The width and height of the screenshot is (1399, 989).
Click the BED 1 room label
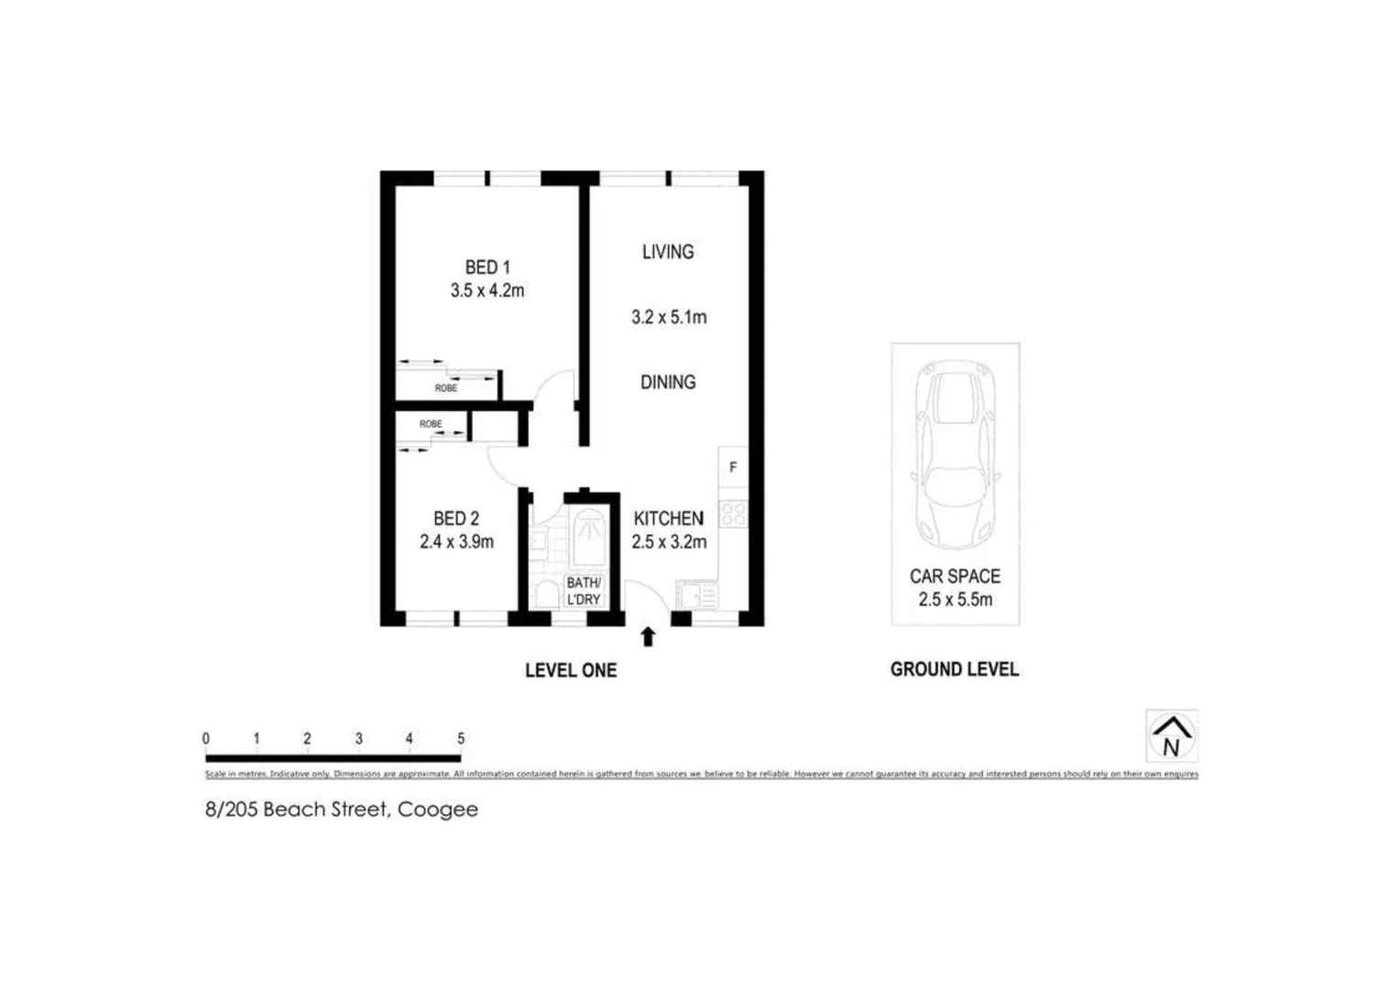pos(486,267)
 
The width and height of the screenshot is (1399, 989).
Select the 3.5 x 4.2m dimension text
pos(486,291)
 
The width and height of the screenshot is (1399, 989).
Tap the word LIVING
pos(667,252)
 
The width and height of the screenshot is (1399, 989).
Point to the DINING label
pos(667,382)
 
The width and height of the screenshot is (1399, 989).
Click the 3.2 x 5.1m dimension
pos(668,318)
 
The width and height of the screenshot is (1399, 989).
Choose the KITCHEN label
pos(668,518)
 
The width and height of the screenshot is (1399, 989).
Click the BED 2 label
pos(456,518)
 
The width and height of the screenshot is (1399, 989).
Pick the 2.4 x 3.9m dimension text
pos(456,542)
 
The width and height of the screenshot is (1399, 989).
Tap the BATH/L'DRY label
pos(584,591)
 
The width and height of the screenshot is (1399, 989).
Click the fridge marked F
pos(732,468)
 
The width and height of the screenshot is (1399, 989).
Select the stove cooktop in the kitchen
pos(733,514)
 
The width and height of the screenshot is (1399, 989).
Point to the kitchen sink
pos(697,596)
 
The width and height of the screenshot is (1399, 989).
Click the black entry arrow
pos(648,636)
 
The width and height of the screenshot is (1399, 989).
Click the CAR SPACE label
pos(955,576)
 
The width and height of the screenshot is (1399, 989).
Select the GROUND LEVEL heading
pos(954,669)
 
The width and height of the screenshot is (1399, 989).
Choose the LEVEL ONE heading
pos(570,670)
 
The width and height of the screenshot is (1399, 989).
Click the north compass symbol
pos(1171,736)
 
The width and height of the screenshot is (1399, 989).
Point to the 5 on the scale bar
pos(461,738)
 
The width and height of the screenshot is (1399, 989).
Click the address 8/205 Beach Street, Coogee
pos(341,810)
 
